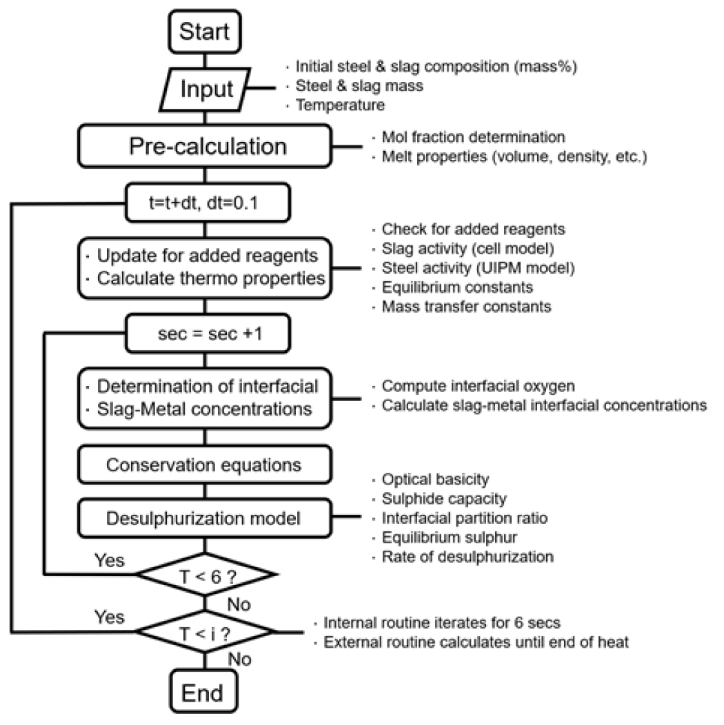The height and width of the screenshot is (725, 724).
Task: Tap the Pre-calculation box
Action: coord(208,146)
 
